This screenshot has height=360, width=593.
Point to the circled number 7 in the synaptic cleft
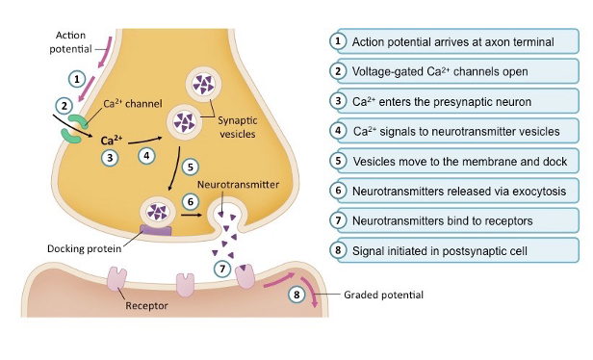223,269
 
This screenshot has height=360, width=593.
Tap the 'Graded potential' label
380,296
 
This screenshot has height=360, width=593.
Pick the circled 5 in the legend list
338,161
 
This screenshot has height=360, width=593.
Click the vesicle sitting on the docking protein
157,210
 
